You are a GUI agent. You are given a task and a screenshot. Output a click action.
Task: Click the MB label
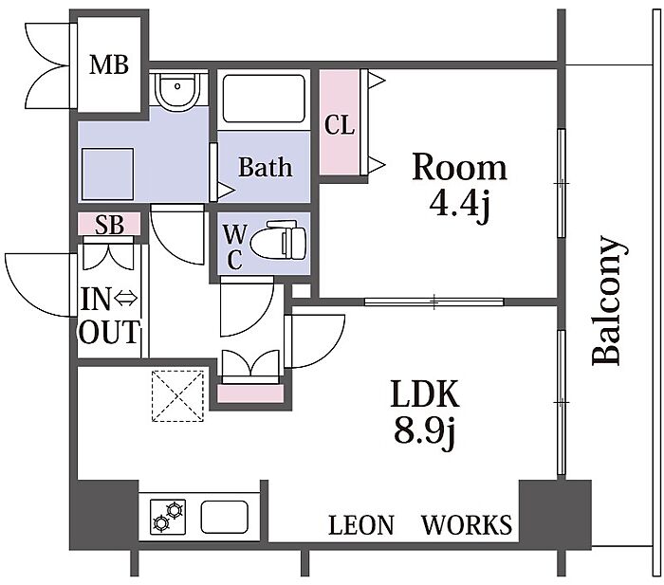click(109, 65)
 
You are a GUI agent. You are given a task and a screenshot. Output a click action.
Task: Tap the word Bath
click(265, 167)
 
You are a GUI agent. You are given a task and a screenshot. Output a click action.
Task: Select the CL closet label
click(340, 125)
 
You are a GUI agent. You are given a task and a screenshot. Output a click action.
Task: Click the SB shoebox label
click(109, 225)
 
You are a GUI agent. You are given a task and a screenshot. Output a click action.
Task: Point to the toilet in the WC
click(278, 241)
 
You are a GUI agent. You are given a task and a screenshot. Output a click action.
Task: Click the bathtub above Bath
click(264, 99)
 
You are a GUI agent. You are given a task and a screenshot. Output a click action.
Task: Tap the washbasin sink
click(177, 90)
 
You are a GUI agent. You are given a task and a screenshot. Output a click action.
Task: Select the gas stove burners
click(168, 517)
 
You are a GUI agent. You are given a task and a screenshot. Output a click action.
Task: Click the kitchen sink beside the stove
click(224, 517)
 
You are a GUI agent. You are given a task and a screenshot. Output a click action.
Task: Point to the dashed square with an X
click(177, 396)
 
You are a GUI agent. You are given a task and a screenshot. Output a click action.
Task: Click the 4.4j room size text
click(459, 205)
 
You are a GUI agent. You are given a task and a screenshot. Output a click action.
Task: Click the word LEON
click(361, 525)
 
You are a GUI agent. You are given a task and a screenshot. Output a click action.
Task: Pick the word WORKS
click(467, 525)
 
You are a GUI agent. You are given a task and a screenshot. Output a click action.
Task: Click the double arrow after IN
click(126, 300)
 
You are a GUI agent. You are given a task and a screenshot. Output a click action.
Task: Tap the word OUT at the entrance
click(109, 332)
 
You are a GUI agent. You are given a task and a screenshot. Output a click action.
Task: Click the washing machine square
click(108, 174)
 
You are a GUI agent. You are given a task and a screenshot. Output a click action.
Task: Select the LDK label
click(424, 393)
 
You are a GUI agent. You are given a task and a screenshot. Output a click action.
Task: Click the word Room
click(459, 167)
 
